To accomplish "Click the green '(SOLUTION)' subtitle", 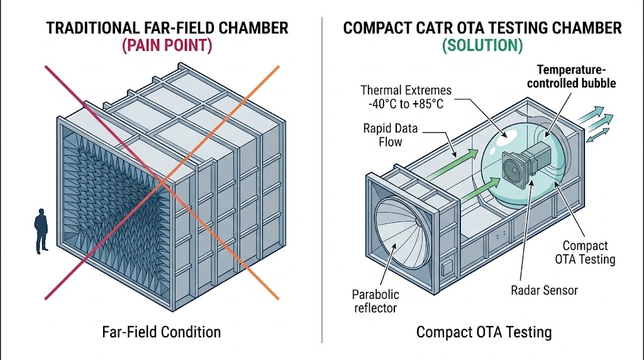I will pyautogui.click(x=483, y=47).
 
